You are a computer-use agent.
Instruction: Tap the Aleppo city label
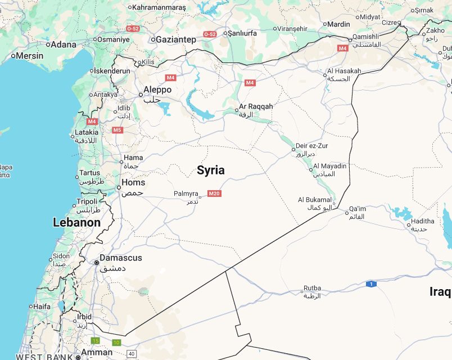click(157, 90)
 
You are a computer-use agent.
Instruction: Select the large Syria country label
click(211, 170)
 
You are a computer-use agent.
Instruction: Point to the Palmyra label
click(186, 193)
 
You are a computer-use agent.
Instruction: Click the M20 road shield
click(214, 193)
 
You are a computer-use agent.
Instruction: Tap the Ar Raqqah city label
click(256, 106)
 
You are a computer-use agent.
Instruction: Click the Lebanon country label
click(76, 222)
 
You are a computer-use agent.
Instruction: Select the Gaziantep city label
click(176, 39)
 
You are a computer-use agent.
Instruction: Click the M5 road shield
click(117, 130)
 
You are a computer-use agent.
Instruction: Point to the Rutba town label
click(312, 289)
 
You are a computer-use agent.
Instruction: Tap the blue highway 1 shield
click(370, 284)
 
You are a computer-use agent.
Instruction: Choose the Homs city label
click(133, 183)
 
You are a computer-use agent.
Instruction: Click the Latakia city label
click(87, 133)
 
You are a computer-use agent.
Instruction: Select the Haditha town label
click(422, 222)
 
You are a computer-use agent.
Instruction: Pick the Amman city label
click(97, 353)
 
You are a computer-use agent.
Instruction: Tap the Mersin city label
click(29, 56)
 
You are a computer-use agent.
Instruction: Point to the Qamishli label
click(365, 37)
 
